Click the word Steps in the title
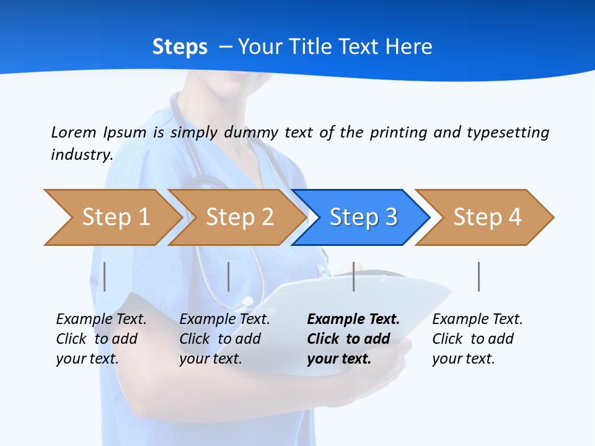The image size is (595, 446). click(180, 47)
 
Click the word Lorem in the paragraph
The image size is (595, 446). click(74, 132)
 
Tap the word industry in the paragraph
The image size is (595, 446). click(81, 155)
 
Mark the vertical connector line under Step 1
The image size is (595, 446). click(105, 276)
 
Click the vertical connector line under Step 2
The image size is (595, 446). click(229, 276)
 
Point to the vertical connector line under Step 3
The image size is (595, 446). click(354, 276)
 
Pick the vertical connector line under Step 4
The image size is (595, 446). click(479, 276)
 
